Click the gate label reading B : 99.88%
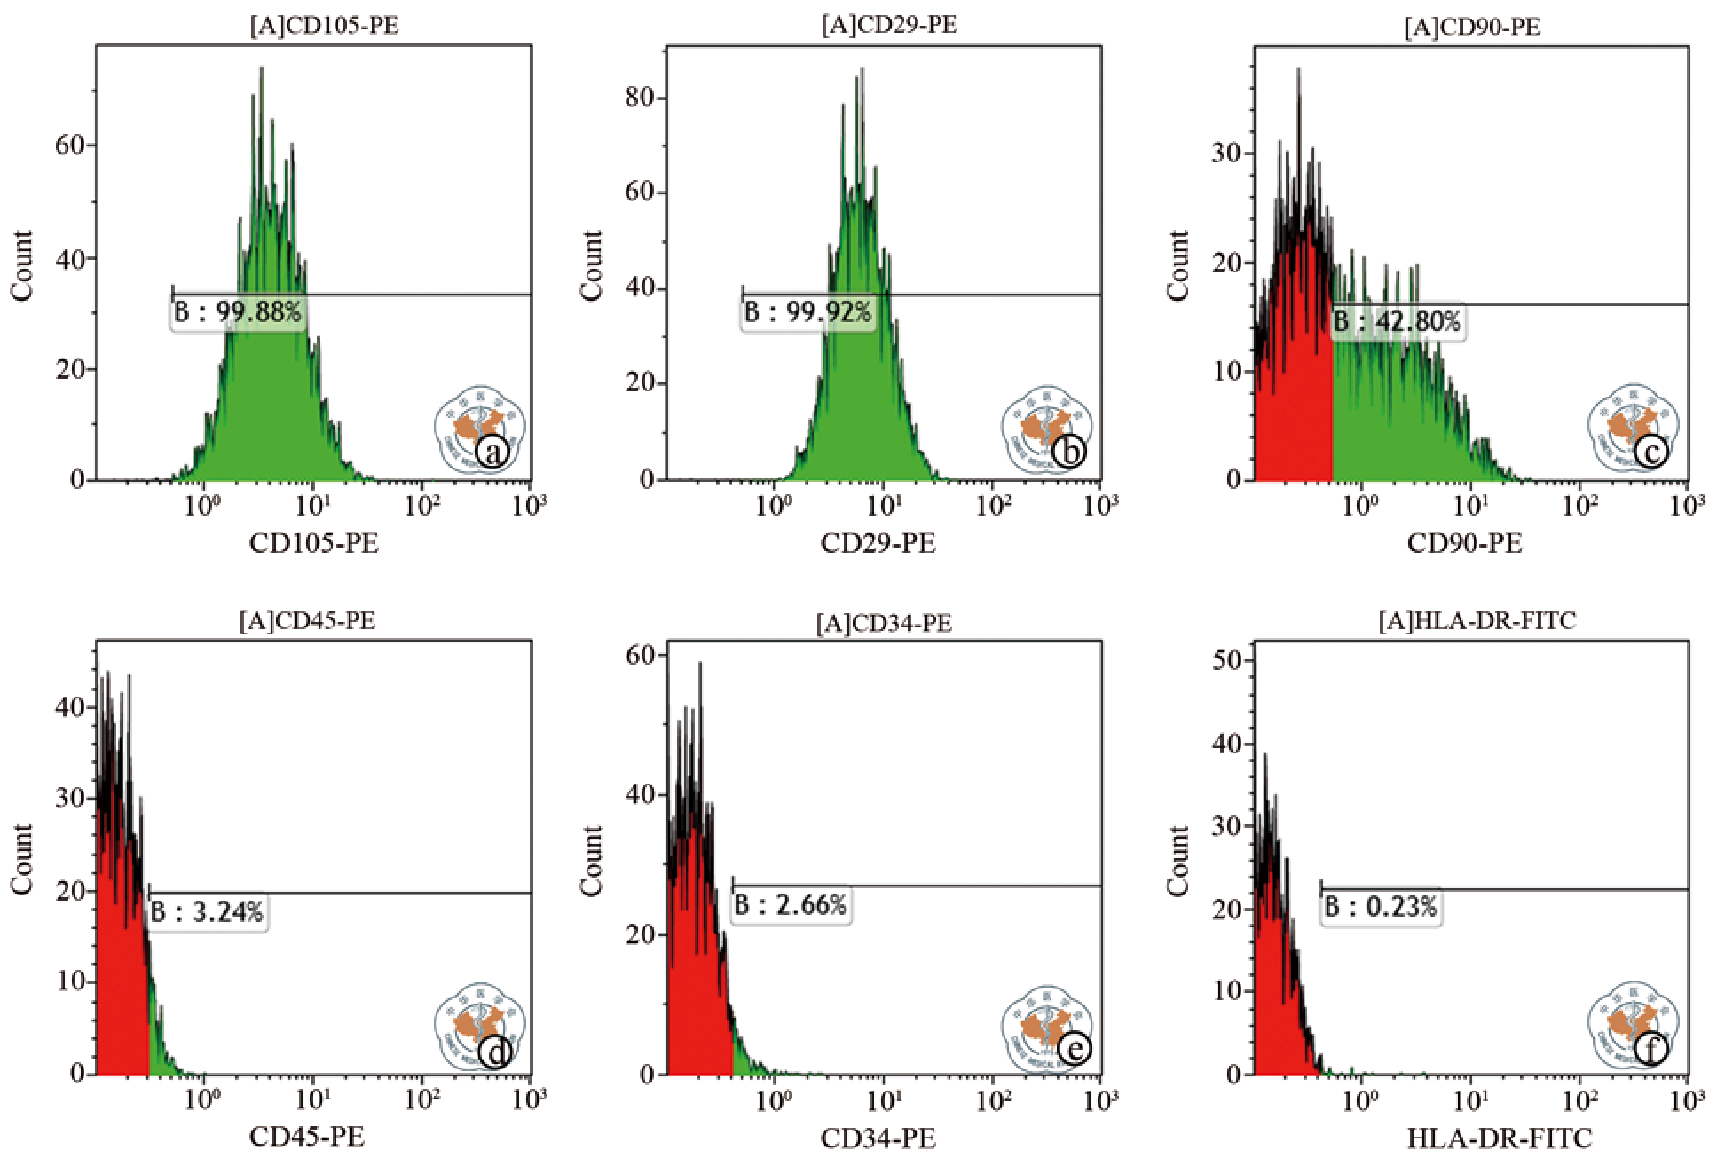(238, 312)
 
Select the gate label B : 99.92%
(807, 312)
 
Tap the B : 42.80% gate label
(1398, 321)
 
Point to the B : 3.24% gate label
(207, 912)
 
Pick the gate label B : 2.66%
(791, 905)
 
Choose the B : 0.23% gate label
(1381, 907)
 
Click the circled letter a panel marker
(492, 452)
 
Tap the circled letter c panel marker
(1651, 452)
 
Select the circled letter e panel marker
(1074, 1050)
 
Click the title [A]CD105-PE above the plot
(324, 25)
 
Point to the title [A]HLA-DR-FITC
(1477, 620)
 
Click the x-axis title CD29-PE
(878, 543)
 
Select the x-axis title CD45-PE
(307, 1137)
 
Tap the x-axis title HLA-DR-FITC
(1500, 1138)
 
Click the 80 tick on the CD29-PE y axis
(639, 97)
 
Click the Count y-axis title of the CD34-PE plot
(591, 860)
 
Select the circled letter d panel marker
(495, 1052)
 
